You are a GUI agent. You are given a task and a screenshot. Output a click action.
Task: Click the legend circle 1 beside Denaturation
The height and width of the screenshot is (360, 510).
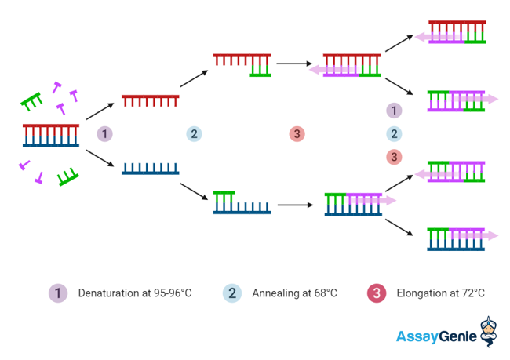click(58, 293)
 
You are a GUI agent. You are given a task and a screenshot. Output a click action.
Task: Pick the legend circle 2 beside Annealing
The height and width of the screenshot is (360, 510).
click(232, 293)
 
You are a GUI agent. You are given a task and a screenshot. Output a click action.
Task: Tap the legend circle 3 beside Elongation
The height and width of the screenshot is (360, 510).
click(377, 293)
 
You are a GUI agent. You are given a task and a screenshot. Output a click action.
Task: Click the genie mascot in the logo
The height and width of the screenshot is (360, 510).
click(489, 332)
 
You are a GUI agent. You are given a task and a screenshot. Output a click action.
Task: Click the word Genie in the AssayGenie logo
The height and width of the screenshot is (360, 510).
click(458, 336)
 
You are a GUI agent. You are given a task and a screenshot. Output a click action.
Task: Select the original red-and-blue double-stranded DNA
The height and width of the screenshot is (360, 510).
click(51, 135)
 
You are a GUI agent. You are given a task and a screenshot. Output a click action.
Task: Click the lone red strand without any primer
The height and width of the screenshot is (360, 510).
click(151, 101)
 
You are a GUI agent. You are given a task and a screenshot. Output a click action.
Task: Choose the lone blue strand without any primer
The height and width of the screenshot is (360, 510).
click(151, 169)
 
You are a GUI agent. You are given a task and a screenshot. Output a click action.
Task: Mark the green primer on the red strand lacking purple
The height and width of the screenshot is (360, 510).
click(260, 71)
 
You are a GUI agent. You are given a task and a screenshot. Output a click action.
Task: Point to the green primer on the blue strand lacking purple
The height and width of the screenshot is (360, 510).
click(224, 197)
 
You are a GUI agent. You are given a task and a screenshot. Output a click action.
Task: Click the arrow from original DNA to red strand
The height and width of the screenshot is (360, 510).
click(100, 111)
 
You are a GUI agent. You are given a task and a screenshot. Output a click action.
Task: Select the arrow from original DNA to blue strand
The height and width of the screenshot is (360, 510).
click(100, 158)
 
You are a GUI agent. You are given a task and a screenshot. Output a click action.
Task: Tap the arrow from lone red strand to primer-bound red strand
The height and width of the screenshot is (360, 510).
click(194, 78)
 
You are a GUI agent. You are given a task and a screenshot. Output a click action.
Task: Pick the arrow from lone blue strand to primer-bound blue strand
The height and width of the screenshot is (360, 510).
click(194, 191)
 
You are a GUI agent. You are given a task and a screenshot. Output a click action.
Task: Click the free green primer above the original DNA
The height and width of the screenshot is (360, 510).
click(31, 101)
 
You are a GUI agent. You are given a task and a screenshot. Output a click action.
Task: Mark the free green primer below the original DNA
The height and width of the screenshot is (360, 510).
click(68, 177)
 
